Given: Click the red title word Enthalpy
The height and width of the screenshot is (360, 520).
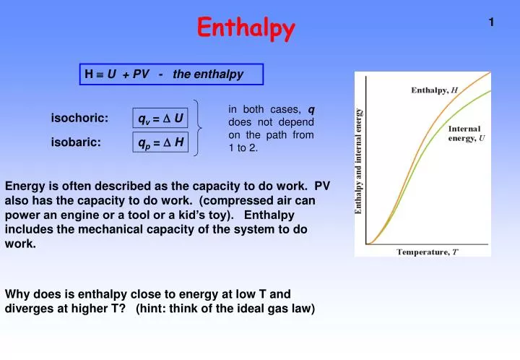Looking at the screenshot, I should [x=246, y=28].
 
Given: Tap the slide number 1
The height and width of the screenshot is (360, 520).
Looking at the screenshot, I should [x=491, y=22].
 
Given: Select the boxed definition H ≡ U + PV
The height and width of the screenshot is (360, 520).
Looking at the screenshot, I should [x=172, y=74].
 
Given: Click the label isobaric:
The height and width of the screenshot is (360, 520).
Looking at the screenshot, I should [x=76, y=142].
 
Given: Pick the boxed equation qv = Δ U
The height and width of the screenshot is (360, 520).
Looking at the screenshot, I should [x=161, y=118].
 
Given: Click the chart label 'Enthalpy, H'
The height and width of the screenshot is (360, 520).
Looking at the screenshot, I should [x=434, y=90].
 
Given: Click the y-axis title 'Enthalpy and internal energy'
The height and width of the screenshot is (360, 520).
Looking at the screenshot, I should [x=359, y=160].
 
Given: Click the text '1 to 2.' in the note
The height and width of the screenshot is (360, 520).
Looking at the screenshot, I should [x=243, y=147].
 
